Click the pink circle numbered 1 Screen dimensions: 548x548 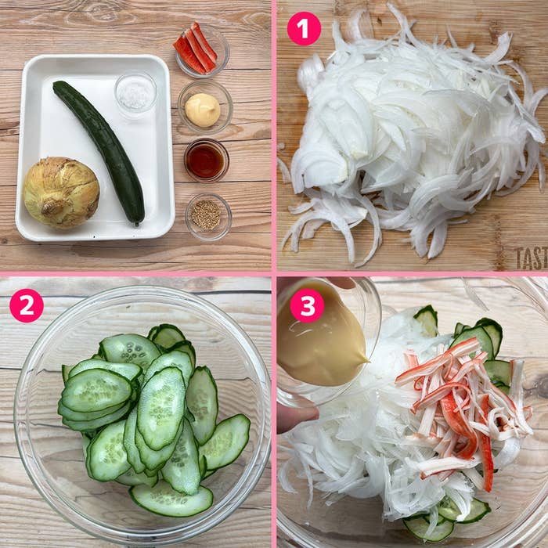pos(304,28)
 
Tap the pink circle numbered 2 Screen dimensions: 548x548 pos(26,305)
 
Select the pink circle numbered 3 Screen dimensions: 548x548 pos(306,305)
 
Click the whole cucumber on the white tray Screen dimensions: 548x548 pos(99,149)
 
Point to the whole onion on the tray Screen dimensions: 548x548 pos(61,193)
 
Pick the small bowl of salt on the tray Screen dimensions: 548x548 pos(135,94)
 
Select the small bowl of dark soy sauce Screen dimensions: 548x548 pos(206,160)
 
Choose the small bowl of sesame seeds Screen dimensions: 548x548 pos(207,215)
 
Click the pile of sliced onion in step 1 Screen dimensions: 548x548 pos(407,141)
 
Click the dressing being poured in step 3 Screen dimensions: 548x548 pos(321,344)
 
